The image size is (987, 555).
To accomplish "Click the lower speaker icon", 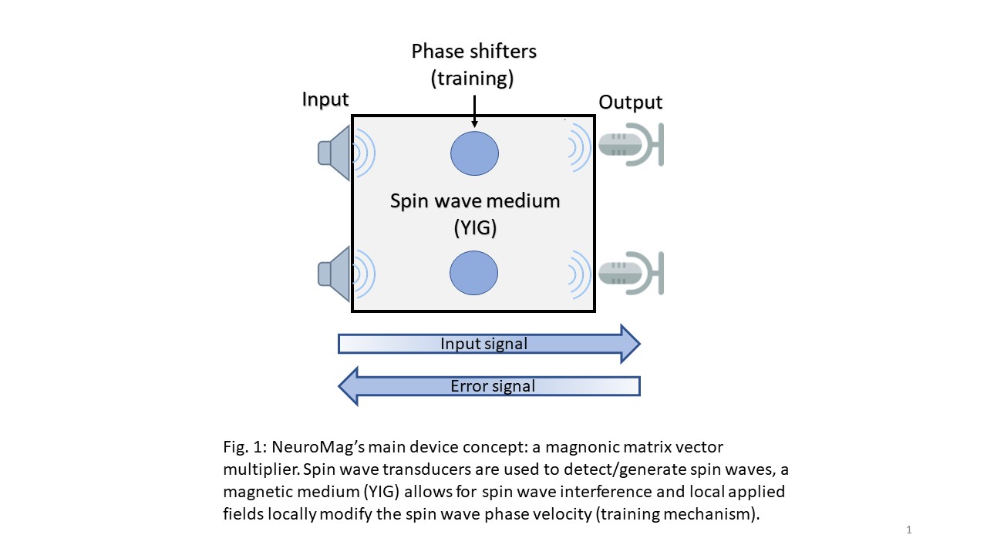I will click(335, 272).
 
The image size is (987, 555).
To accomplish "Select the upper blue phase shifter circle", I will click(474, 153).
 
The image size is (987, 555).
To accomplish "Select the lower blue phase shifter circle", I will click(474, 273).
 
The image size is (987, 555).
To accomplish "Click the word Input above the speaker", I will click(325, 99).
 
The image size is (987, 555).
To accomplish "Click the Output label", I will click(630, 103).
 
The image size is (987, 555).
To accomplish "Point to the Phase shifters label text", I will click(473, 52).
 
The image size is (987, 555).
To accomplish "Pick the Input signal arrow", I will click(489, 344).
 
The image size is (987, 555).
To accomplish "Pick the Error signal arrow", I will click(489, 385).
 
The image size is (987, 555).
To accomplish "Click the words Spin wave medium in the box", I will click(474, 201).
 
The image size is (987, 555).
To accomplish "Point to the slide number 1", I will click(909, 530).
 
